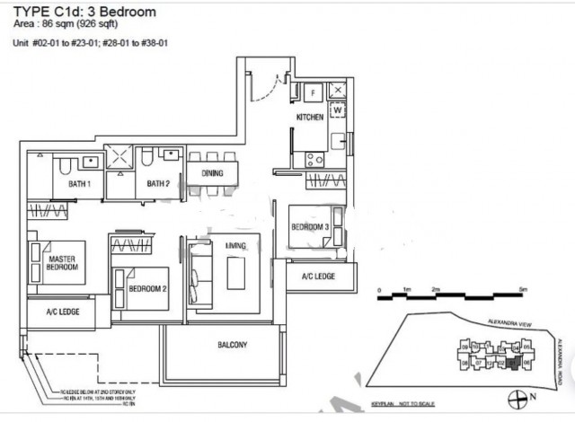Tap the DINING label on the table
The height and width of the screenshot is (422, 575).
(x=212, y=174)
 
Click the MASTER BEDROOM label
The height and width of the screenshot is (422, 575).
(x=61, y=263)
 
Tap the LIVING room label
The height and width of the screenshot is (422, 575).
(x=224, y=245)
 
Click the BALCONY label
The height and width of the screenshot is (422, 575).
(x=232, y=346)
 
